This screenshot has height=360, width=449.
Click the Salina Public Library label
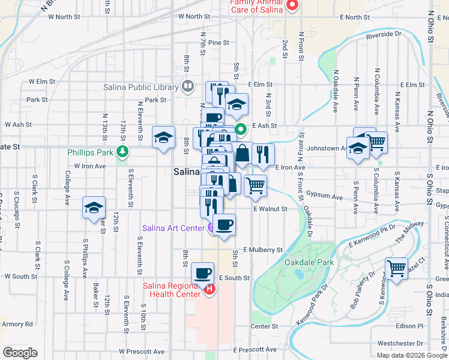click(x=141, y=87)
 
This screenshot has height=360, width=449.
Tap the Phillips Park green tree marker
click(x=122, y=151)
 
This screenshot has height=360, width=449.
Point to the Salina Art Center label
click(x=173, y=228)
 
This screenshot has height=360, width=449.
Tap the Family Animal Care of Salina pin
click(x=292, y=6)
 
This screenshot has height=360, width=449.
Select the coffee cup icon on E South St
click(x=202, y=273)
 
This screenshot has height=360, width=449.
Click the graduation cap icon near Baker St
click(x=94, y=207)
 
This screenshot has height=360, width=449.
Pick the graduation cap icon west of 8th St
click(x=163, y=137)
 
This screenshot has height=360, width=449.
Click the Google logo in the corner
click(x=20, y=353)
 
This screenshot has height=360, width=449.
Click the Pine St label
click(x=219, y=43)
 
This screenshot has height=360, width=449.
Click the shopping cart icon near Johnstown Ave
click(x=376, y=142)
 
